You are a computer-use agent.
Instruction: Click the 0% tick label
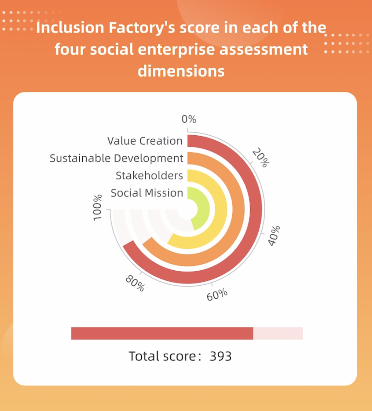tap(189, 119)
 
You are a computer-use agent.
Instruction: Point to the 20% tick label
tap(261, 157)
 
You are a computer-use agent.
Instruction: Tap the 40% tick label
tap(274, 236)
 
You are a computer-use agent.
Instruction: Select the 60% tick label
tap(217, 295)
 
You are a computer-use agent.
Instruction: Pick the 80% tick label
tap(135, 283)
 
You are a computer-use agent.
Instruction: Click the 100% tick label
tap(97, 208)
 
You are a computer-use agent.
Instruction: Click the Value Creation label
tap(145, 141)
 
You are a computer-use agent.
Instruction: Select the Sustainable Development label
tap(116, 158)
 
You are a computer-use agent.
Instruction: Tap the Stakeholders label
tap(149, 175)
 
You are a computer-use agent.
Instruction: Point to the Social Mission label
tap(147, 193)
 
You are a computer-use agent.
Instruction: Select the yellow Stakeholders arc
tap(221, 209)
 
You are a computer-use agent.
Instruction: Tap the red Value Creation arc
tap(256, 209)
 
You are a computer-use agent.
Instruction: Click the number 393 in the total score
tap(221, 356)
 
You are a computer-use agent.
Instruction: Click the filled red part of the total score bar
tap(162, 333)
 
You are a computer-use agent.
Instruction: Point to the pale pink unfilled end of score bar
tap(278, 333)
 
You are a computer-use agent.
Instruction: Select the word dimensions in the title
tap(181, 71)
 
